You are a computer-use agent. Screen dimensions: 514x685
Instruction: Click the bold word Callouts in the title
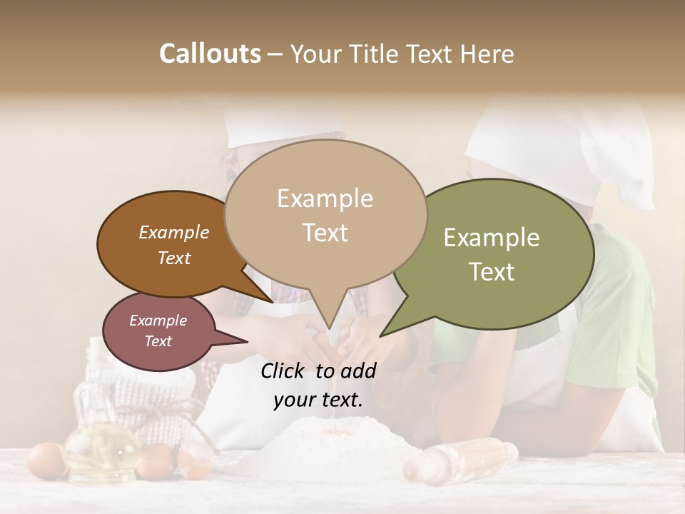210,54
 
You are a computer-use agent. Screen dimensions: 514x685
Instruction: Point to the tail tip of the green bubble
381,335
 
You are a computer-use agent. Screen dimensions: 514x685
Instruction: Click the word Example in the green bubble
491,238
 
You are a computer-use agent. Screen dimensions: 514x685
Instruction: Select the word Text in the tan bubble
325,233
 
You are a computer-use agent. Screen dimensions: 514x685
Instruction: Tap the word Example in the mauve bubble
158,321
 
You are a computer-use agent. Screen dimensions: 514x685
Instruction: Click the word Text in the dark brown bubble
174,258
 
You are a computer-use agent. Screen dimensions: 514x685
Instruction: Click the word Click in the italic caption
285,370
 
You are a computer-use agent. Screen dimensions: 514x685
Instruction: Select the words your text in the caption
318,400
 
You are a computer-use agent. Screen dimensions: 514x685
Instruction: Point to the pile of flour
335,446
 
